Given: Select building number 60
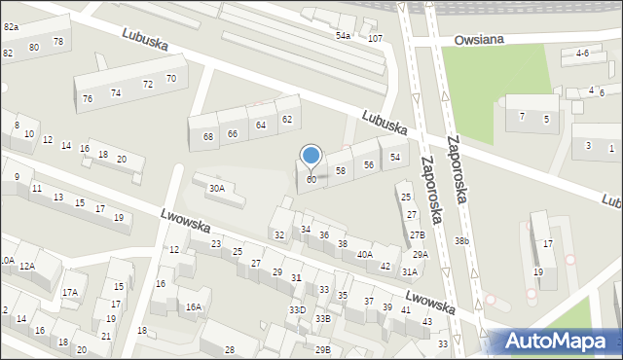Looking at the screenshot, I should tap(311, 180).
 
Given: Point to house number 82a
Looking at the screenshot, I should tap(11, 27).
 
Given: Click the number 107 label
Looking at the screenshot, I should tap(375, 38).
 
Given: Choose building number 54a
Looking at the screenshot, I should tap(343, 36).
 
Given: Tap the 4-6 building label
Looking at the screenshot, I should tap(582, 53).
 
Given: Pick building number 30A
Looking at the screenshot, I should tap(216, 188).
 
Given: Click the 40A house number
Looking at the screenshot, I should tap(364, 254).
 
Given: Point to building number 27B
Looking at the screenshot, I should tap(417, 234).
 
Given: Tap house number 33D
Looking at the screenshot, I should tap(297, 309).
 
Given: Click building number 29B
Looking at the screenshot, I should tap(322, 349).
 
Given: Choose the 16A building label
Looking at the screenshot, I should tap(194, 306).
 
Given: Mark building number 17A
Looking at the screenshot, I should tap(70, 292).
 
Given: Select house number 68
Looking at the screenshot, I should tap(208, 136).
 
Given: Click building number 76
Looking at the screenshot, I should tap(88, 98).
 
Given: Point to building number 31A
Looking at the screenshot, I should tap(410, 272).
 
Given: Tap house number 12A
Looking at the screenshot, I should tap(26, 266).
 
